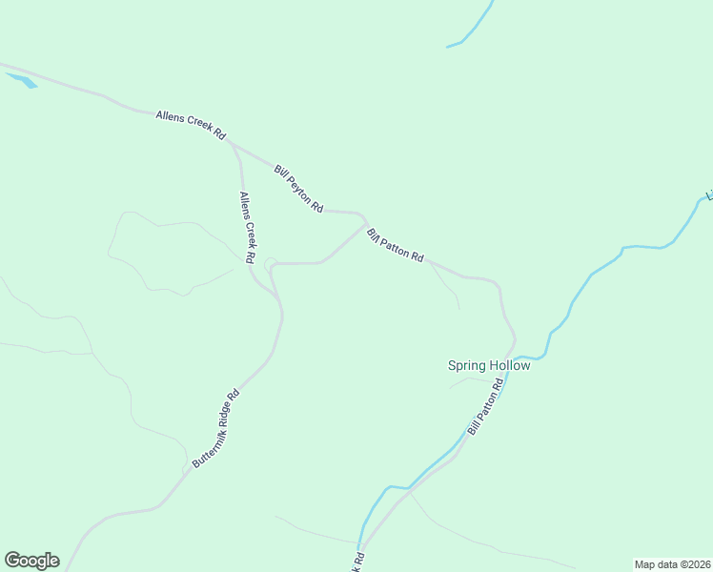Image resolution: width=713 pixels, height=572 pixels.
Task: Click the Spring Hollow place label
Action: point(489,365)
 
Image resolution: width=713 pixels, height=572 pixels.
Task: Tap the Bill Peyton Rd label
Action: point(298,188)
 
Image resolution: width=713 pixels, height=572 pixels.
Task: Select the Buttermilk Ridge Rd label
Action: point(214,428)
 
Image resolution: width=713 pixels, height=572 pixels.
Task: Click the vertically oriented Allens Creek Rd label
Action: point(248,228)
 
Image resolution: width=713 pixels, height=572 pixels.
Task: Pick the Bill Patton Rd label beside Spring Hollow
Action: point(485,407)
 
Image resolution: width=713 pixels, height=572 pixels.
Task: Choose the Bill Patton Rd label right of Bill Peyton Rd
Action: point(395,245)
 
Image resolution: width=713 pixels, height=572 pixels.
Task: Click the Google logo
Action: point(31,561)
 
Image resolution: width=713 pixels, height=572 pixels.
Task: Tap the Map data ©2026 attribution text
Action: point(672,564)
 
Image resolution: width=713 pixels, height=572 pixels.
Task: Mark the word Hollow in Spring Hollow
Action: point(510,365)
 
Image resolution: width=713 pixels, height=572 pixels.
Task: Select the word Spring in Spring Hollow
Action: point(467,365)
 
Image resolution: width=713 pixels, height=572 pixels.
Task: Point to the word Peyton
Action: point(300,190)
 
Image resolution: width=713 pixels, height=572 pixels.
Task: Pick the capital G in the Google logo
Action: point(12,561)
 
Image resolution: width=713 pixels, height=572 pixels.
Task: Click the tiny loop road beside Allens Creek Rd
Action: point(271,263)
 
